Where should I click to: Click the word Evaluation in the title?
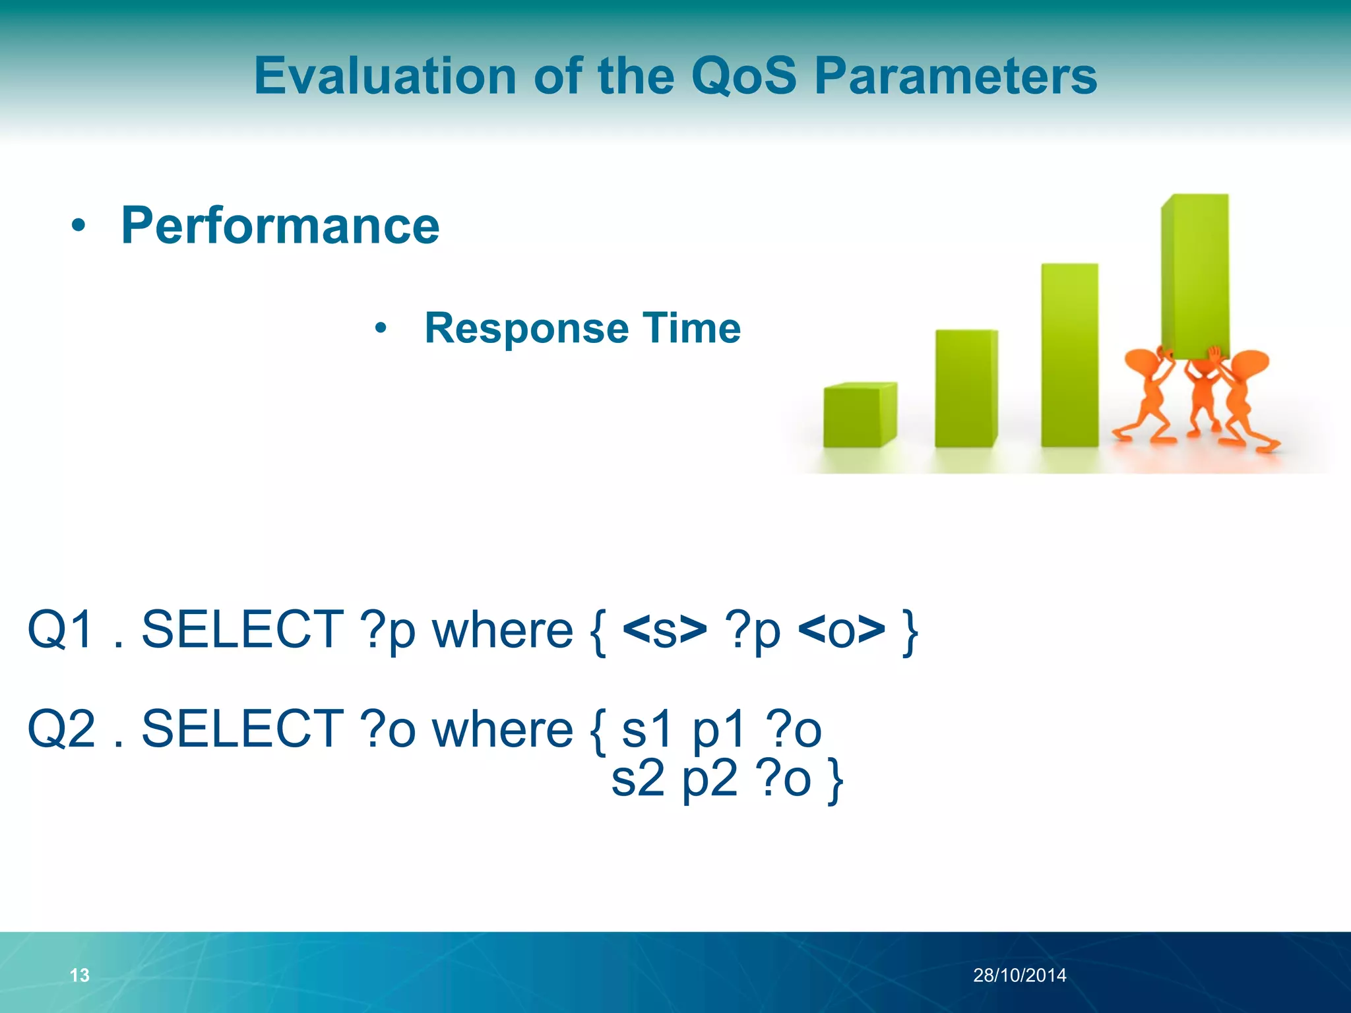pos(385,76)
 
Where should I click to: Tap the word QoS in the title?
pos(744,76)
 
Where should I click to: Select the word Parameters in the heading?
pos(955,76)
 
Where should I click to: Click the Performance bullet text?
pos(280,226)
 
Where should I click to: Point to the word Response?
pos(528,328)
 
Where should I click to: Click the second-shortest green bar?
pos(966,389)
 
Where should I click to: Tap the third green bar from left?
pos(1069,356)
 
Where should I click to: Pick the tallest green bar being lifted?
pos(1195,277)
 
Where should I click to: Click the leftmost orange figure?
pos(1148,396)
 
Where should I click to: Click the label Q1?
pos(61,630)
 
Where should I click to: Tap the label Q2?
pos(61,729)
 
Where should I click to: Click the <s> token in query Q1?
pos(664,630)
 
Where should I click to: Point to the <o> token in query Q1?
pos(841,630)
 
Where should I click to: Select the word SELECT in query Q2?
pos(243,729)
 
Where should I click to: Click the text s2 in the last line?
pos(638,780)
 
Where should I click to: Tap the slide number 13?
pos(79,975)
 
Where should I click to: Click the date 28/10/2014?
pos(1019,975)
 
